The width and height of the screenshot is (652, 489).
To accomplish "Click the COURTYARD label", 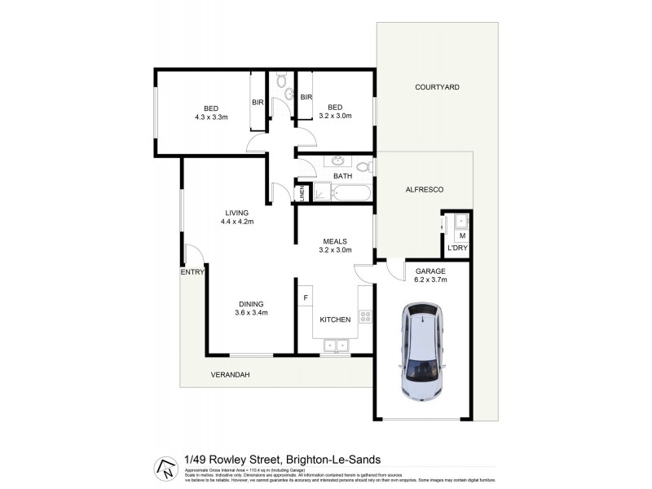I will [x=437, y=86].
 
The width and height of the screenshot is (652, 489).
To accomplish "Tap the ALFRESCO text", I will [x=424, y=189].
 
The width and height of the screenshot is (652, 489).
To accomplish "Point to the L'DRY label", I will [x=456, y=249].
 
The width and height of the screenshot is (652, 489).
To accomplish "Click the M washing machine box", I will [x=462, y=236].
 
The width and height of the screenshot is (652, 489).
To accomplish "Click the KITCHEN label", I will [x=335, y=319].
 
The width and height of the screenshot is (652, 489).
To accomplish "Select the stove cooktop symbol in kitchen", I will [x=365, y=317].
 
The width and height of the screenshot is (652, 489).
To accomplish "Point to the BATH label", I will [x=343, y=176].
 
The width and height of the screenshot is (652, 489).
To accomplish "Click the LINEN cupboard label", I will [x=301, y=193].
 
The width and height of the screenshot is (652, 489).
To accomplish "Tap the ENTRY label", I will [x=192, y=272].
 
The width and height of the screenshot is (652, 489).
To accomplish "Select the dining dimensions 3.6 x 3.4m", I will [x=251, y=313].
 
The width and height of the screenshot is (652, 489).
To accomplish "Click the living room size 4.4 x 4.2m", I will [x=238, y=221].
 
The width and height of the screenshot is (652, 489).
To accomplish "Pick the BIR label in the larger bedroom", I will [x=258, y=102].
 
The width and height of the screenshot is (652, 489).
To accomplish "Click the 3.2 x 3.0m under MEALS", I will [x=335, y=250].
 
